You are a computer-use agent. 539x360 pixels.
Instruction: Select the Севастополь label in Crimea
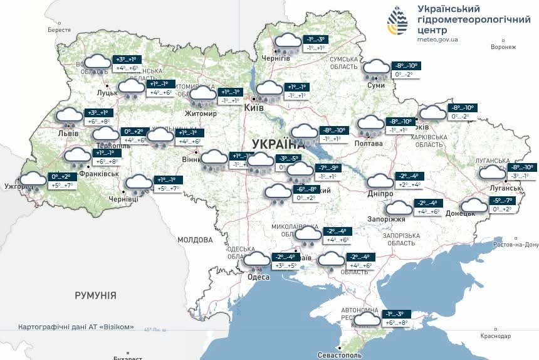[340, 356]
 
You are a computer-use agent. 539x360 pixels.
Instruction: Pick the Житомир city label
[201, 114]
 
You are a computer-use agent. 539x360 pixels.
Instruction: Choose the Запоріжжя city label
[387, 219]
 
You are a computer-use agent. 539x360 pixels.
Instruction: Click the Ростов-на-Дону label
[516, 245]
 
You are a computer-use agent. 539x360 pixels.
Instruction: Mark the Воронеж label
[503, 47]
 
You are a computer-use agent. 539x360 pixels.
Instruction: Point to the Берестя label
[59, 30]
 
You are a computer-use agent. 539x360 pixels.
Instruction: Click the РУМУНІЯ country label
[95, 295]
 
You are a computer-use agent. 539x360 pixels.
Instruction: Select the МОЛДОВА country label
[195, 240]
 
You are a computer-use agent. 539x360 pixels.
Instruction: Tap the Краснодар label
[496, 336]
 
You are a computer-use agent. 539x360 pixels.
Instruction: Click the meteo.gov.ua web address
[437, 39]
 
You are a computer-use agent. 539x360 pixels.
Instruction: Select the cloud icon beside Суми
[376, 68]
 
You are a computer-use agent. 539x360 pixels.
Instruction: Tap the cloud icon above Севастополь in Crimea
[367, 319]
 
